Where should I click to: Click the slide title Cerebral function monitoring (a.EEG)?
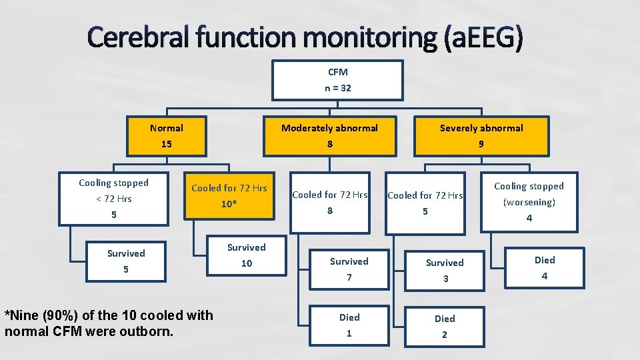click(x=305, y=39)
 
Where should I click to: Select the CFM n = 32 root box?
click(x=337, y=80)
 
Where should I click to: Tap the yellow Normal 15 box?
click(x=166, y=136)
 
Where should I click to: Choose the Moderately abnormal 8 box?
click(x=329, y=136)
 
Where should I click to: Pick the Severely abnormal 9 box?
click(x=481, y=136)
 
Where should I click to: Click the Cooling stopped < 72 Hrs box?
click(x=114, y=199)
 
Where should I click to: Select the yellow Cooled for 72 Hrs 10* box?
click(x=229, y=196)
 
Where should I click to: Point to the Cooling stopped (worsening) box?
click(x=529, y=201)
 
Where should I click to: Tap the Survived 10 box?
click(x=246, y=255)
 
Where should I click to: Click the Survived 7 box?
click(x=349, y=269)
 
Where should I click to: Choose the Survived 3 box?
click(x=445, y=271)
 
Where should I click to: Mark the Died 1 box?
click(x=349, y=325)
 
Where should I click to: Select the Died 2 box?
click(x=445, y=326)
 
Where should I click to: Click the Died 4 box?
click(x=544, y=268)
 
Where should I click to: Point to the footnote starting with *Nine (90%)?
click(x=109, y=322)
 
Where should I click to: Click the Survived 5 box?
click(x=126, y=261)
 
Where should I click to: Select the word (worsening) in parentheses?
click(x=529, y=202)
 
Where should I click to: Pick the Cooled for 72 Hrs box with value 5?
click(x=425, y=203)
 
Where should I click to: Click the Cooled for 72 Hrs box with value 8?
click(x=330, y=203)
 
